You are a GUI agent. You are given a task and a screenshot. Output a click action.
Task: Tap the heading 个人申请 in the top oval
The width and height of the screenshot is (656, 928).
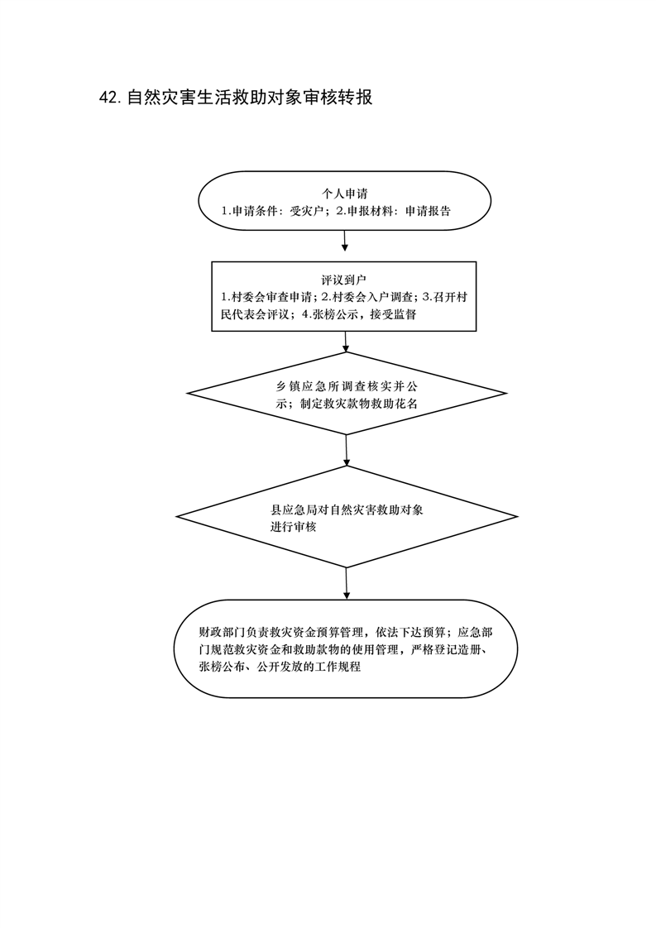point(345,194)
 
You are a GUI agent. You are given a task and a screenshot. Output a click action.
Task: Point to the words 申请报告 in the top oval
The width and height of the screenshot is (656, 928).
point(428,211)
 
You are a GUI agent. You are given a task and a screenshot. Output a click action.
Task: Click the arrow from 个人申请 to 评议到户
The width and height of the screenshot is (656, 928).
point(345,241)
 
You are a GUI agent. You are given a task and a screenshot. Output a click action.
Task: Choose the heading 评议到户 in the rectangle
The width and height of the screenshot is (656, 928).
point(345,280)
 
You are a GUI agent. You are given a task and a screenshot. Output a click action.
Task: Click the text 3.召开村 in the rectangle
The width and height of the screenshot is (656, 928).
point(444,296)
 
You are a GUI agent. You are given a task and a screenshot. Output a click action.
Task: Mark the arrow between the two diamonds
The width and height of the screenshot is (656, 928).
point(347,451)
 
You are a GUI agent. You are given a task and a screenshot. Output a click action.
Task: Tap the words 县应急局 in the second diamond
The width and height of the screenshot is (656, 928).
point(294,509)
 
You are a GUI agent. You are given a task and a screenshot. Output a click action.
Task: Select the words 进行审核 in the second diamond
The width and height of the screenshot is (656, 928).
point(294,527)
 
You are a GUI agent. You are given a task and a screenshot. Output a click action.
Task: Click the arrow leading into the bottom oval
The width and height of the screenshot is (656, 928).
point(347,584)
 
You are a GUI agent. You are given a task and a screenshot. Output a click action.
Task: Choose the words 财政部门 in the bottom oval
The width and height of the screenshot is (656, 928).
point(222,632)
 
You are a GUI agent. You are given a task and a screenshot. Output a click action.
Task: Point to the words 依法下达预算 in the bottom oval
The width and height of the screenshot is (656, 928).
point(410,632)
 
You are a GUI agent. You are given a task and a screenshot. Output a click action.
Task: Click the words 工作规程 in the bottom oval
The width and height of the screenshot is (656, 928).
point(338,667)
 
